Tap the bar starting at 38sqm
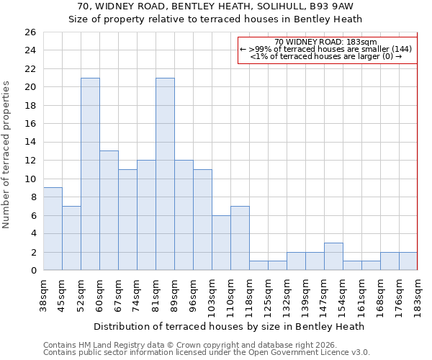point(53,229)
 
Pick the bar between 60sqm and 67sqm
point(109,210)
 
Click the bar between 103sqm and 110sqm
point(221,243)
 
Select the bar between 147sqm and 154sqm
point(333,256)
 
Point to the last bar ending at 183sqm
point(408,261)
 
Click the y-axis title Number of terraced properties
point(7,155)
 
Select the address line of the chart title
point(215,6)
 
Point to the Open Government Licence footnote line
point(206,352)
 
